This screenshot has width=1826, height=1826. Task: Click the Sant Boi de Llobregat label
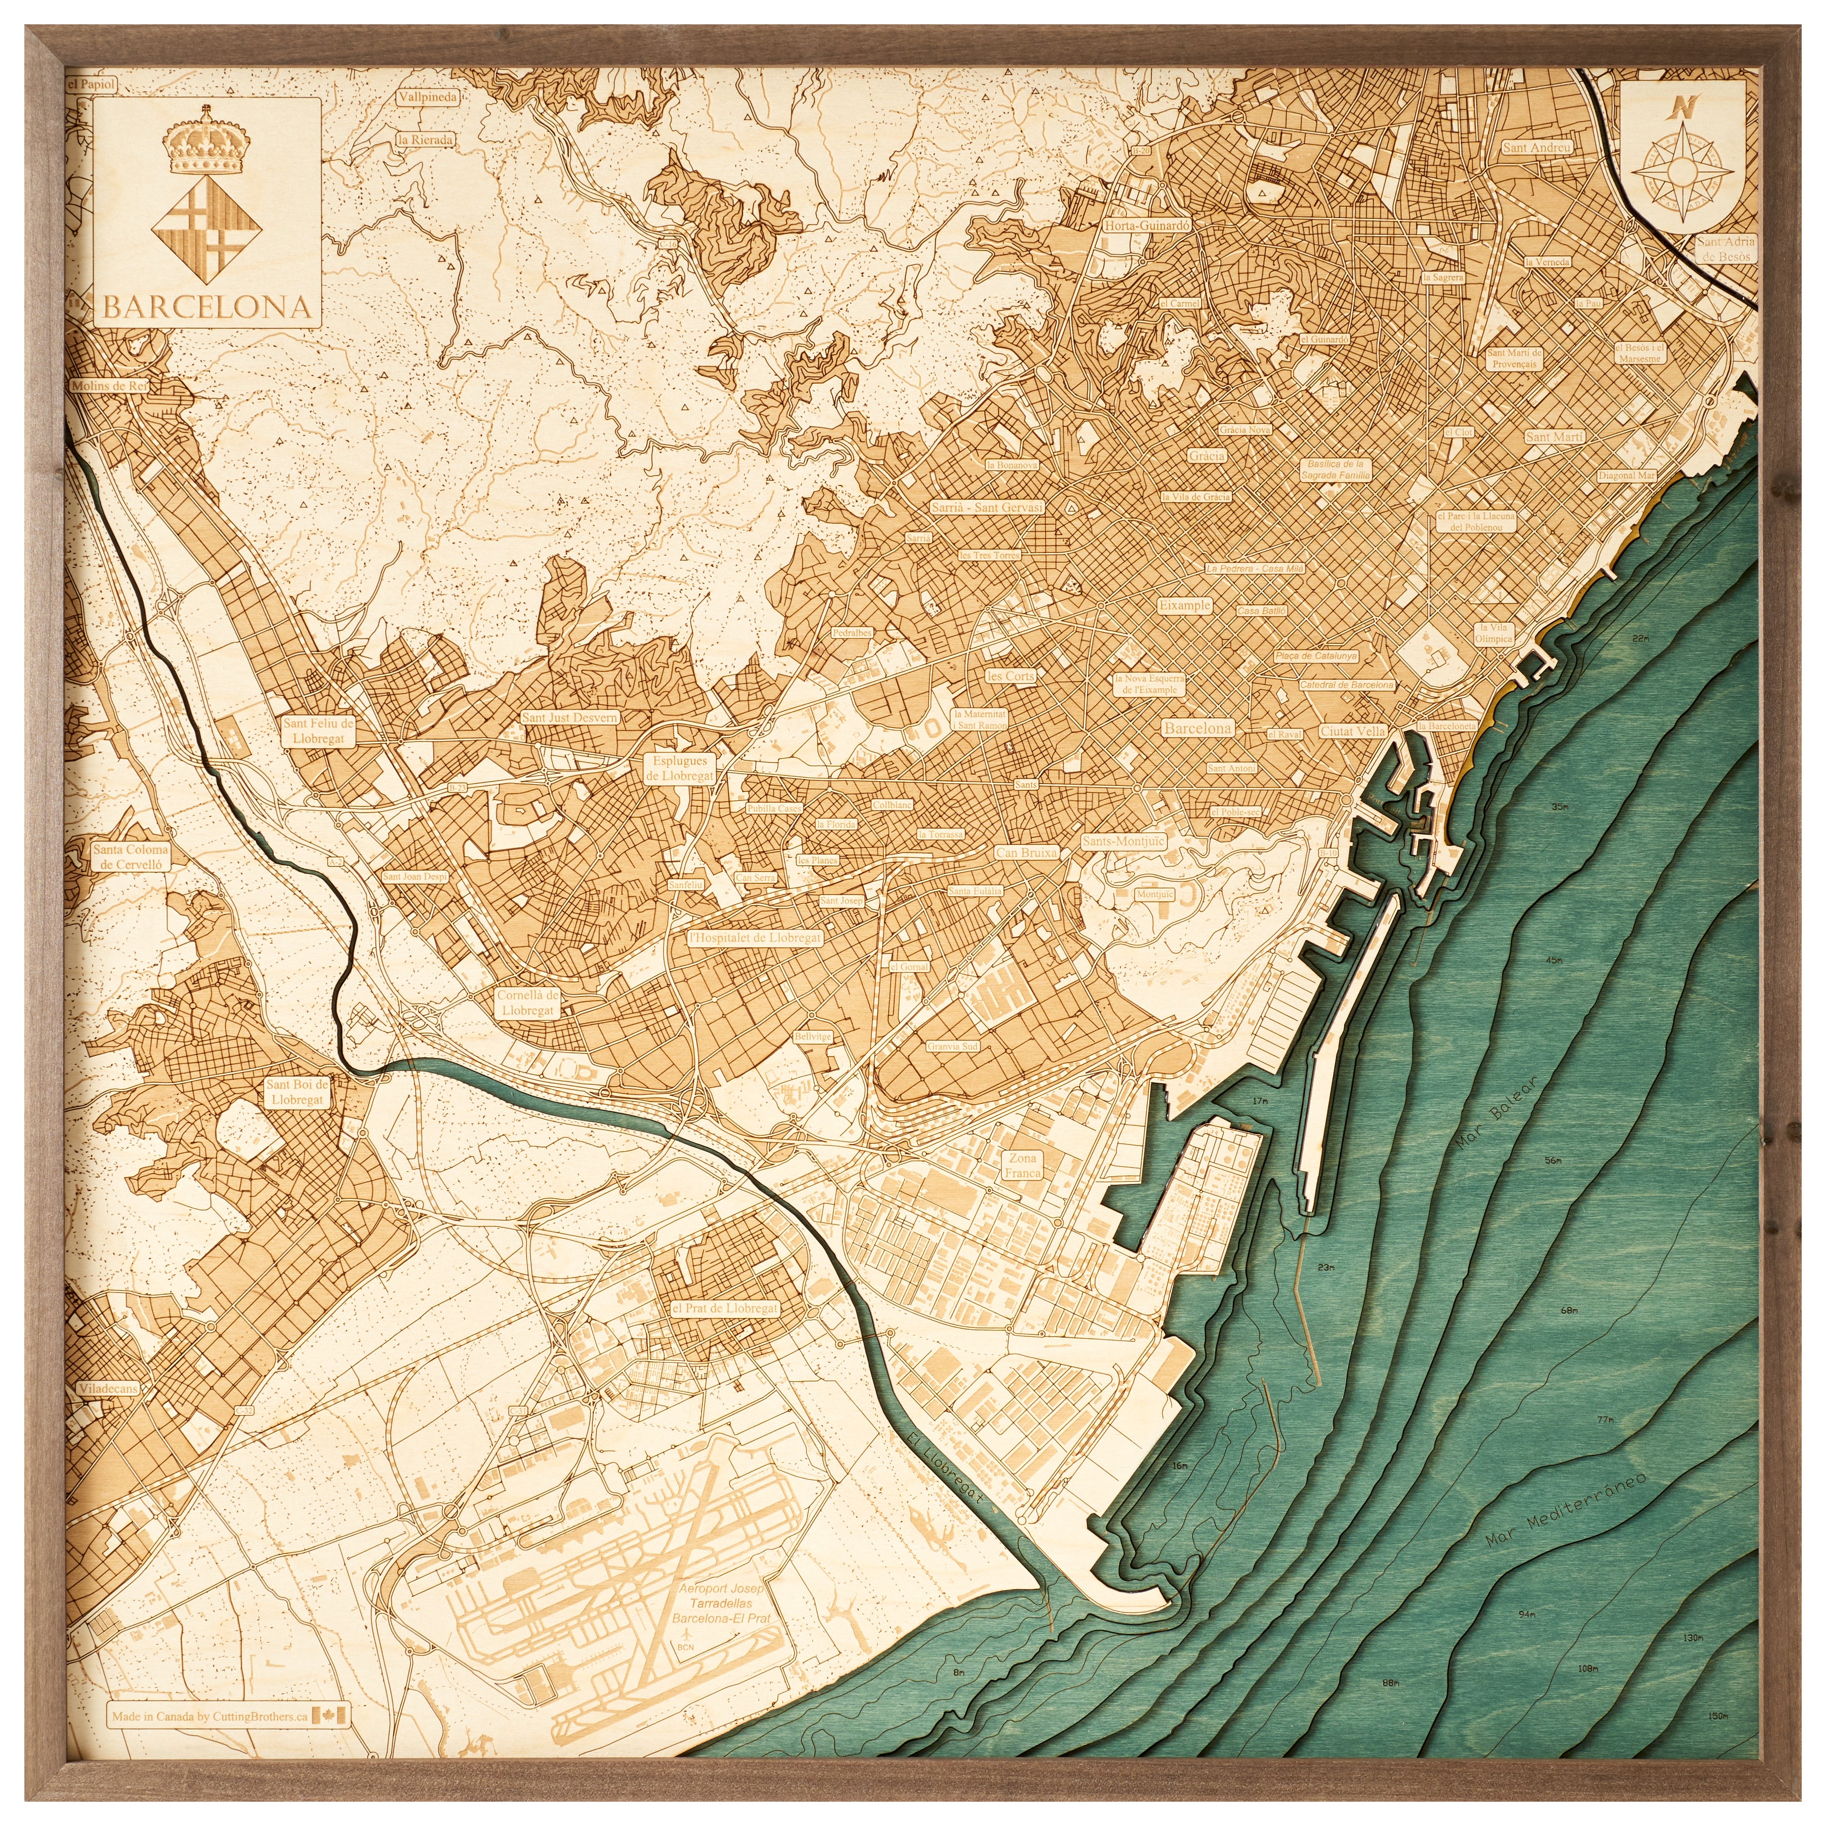click(x=297, y=1091)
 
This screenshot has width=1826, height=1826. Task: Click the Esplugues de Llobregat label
click(x=680, y=768)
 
